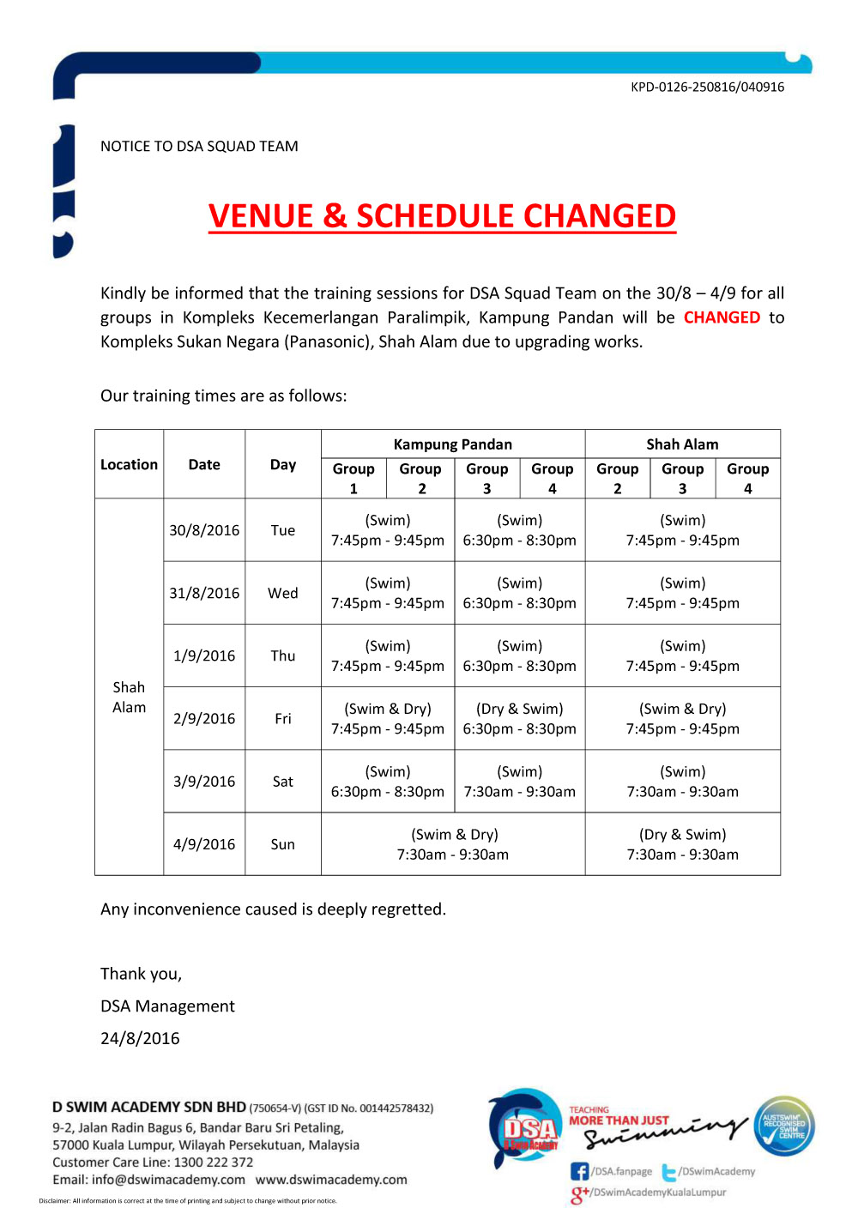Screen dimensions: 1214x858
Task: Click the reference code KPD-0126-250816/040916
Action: [707, 87]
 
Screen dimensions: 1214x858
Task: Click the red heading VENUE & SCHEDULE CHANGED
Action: [442, 216]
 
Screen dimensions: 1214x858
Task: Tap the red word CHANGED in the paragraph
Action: [722, 317]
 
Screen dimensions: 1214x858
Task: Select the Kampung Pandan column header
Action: [452, 444]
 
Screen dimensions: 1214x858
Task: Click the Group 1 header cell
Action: [353, 478]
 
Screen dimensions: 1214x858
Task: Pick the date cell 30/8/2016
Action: [204, 530]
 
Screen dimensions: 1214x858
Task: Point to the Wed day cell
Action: [282, 593]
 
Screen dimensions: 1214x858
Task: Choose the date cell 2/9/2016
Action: [204, 719]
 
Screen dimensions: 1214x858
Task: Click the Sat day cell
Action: [282, 782]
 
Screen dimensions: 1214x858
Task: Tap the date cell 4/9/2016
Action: [204, 844]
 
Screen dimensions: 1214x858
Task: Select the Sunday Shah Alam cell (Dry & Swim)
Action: [682, 844]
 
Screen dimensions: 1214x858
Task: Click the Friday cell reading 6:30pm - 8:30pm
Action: [519, 719]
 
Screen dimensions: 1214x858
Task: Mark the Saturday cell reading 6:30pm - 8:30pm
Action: [388, 782]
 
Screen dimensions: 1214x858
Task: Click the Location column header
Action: [129, 464]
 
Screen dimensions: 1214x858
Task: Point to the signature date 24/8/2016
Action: [140, 1038]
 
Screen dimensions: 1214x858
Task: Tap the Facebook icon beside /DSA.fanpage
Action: [580, 1171]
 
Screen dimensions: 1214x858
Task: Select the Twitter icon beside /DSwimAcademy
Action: [669, 1172]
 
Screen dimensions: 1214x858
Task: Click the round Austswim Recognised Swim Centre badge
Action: [784, 1126]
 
